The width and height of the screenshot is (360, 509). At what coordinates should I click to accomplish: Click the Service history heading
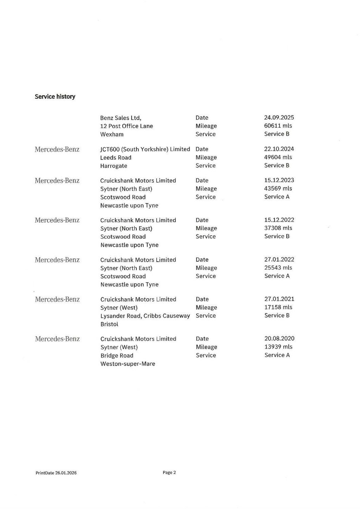pos(55,97)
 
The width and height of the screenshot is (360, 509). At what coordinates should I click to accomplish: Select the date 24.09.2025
pos(279,117)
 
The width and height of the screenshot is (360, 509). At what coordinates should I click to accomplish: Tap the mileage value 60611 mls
pos(278,126)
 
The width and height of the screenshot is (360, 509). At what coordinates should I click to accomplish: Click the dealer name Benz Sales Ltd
pos(121,118)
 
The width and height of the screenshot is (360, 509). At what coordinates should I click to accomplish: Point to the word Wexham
pos(111,134)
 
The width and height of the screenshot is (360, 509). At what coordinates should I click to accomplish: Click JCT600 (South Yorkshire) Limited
pos(145,149)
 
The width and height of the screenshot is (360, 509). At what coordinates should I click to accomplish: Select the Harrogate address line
pos(114,166)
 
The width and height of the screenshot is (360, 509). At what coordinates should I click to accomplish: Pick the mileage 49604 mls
pos(278,157)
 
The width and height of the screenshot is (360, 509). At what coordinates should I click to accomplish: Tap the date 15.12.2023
pos(279,180)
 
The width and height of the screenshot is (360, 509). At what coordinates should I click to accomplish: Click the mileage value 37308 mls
pos(278,228)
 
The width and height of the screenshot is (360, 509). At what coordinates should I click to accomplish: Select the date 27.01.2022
pos(279,259)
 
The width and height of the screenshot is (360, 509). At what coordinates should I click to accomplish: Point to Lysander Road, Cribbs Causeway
pos(145,316)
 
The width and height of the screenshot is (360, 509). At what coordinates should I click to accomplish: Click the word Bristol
pos(109,324)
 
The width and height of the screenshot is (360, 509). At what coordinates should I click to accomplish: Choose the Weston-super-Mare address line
pos(128,364)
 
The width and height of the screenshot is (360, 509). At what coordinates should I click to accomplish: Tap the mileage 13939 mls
pos(278,347)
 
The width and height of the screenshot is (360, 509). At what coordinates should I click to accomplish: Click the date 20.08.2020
pos(279,339)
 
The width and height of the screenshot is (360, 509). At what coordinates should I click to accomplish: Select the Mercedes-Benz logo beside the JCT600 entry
pos(57,149)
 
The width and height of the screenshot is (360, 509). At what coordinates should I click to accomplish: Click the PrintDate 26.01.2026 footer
pos(56,473)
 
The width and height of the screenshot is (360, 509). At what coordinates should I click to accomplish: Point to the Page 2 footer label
pos(169,472)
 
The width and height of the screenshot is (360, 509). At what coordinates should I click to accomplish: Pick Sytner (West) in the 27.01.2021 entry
pos(119,308)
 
